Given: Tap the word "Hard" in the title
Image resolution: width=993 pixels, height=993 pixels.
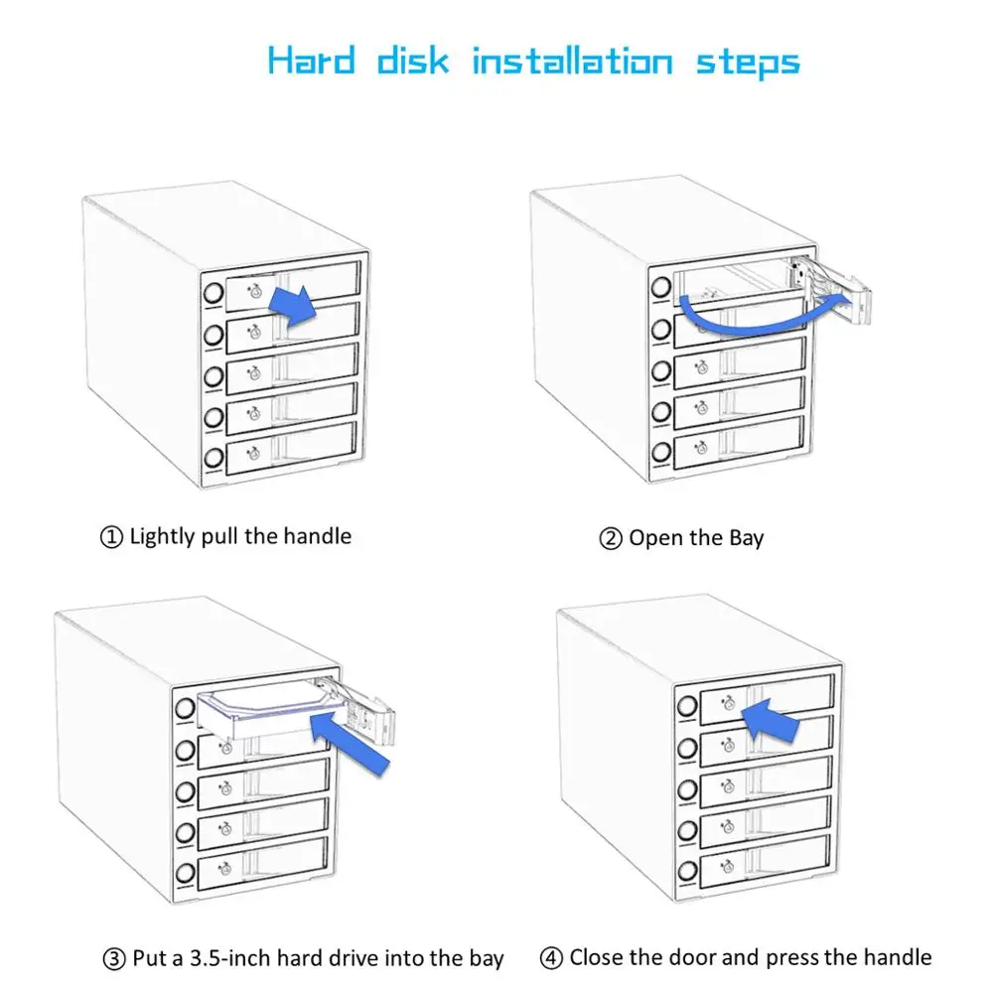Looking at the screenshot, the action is click(311, 62).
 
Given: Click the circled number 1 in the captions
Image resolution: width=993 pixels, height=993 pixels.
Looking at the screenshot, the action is click(111, 537).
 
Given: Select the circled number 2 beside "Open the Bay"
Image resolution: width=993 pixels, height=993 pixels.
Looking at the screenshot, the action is click(610, 539).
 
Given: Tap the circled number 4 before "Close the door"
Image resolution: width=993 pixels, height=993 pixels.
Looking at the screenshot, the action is click(551, 958).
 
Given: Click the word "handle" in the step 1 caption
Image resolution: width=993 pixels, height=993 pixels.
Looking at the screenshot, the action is click(317, 536).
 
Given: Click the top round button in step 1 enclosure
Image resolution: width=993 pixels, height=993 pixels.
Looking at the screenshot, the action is click(212, 294).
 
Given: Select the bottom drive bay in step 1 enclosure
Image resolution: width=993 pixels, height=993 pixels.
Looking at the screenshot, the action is click(291, 454).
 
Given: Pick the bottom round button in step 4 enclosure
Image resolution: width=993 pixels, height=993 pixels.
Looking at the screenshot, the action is click(685, 873).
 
